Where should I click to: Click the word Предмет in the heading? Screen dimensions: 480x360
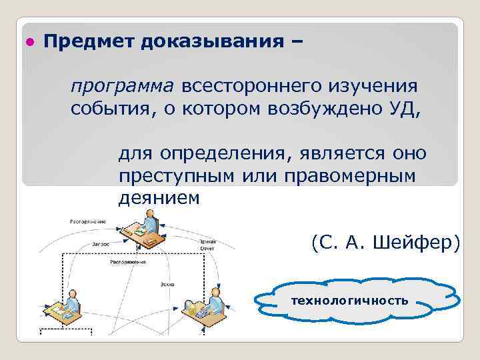(89, 42)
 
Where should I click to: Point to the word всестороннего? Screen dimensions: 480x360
(250, 87)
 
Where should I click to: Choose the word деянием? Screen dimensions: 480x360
(159, 198)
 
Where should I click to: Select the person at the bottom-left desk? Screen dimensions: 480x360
(75, 299)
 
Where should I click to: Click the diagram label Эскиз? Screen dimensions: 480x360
(166, 284)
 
